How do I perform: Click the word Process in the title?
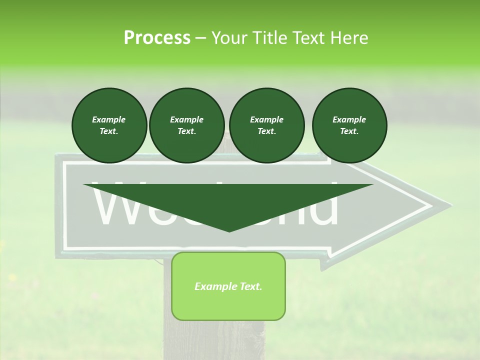(157, 38)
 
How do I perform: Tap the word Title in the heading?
(269, 38)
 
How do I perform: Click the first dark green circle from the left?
(109, 125)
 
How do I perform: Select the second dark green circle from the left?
(186, 125)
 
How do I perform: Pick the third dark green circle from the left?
(266, 125)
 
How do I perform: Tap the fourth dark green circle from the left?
(349, 125)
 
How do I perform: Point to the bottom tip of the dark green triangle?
(229, 231)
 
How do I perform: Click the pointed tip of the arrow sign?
(450, 205)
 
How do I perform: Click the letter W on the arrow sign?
(120, 207)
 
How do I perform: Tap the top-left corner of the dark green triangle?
(84, 184)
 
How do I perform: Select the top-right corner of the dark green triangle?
(373, 184)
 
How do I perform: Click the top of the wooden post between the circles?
(227, 135)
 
